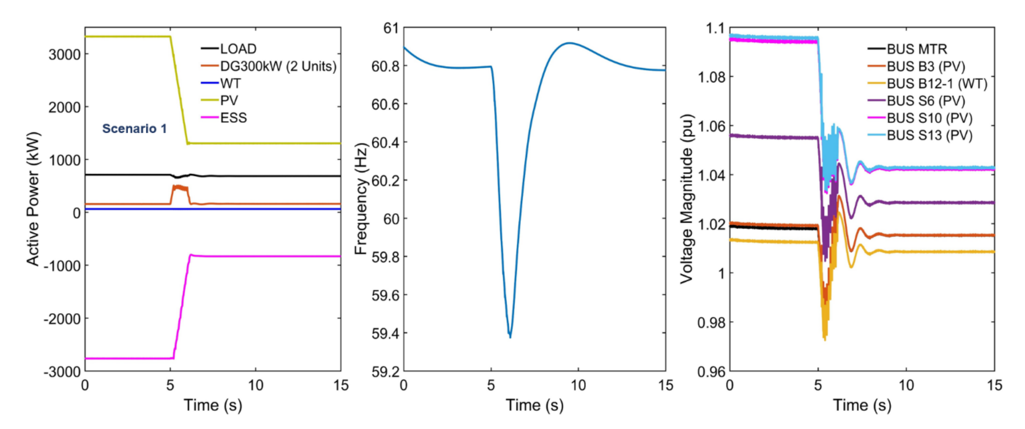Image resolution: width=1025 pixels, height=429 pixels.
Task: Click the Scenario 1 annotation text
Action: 135,128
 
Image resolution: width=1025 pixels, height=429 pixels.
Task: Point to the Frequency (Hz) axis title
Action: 361,199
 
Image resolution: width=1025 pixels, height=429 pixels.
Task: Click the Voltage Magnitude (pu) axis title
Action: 687,199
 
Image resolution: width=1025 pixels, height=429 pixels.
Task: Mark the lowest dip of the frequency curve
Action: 510,337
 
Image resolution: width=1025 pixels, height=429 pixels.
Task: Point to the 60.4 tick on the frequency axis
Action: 384,142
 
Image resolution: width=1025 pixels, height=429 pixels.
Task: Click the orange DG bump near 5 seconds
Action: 180,187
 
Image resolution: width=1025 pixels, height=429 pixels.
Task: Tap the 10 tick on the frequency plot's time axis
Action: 578,385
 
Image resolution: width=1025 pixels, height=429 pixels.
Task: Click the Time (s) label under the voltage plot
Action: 862,405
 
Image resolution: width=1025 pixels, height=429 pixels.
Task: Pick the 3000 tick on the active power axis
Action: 64,54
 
